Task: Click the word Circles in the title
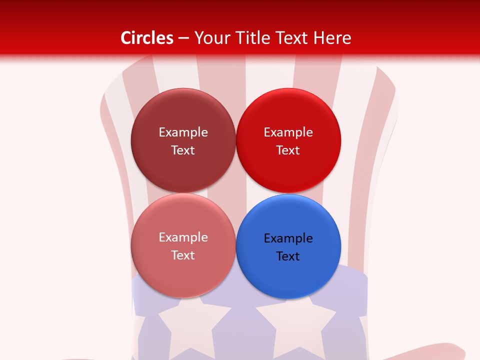pyautogui.click(x=147, y=38)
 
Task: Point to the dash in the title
pyautogui.click(x=183, y=38)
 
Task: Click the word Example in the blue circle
pyautogui.click(x=288, y=238)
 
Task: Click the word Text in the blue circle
pyautogui.click(x=288, y=256)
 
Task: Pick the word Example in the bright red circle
pyautogui.click(x=288, y=132)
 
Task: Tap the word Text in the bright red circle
pyautogui.click(x=288, y=150)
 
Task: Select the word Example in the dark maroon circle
pyautogui.click(x=183, y=132)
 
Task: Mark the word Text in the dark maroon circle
pyautogui.click(x=183, y=150)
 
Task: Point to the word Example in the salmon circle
pyautogui.click(x=183, y=237)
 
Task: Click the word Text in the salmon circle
pyautogui.click(x=183, y=255)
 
